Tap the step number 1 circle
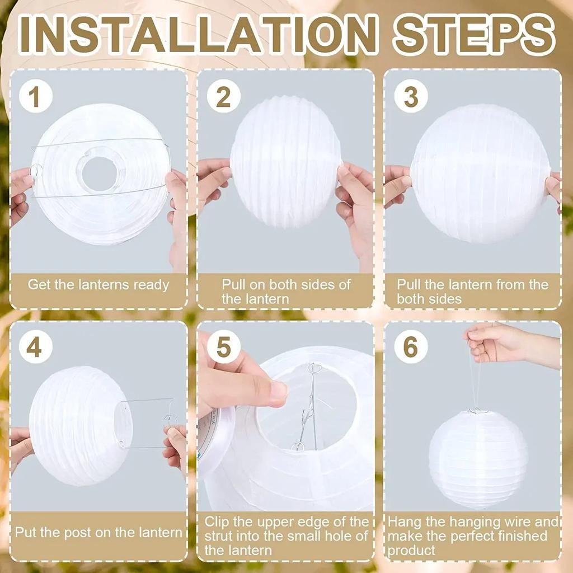[x=35, y=96]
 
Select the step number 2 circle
[x=223, y=96]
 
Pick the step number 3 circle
[x=411, y=96]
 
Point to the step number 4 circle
[x=34, y=347]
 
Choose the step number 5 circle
[x=223, y=347]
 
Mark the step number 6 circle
[x=411, y=347]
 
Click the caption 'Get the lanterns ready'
[x=98, y=284]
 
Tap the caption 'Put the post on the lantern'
[x=98, y=532]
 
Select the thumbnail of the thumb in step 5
[x=278, y=392]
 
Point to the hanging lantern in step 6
[x=478, y=459]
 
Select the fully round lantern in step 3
[x=480, y=173]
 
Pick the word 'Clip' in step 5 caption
[x=218, y=522]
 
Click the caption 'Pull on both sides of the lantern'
[x=286, y=291]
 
